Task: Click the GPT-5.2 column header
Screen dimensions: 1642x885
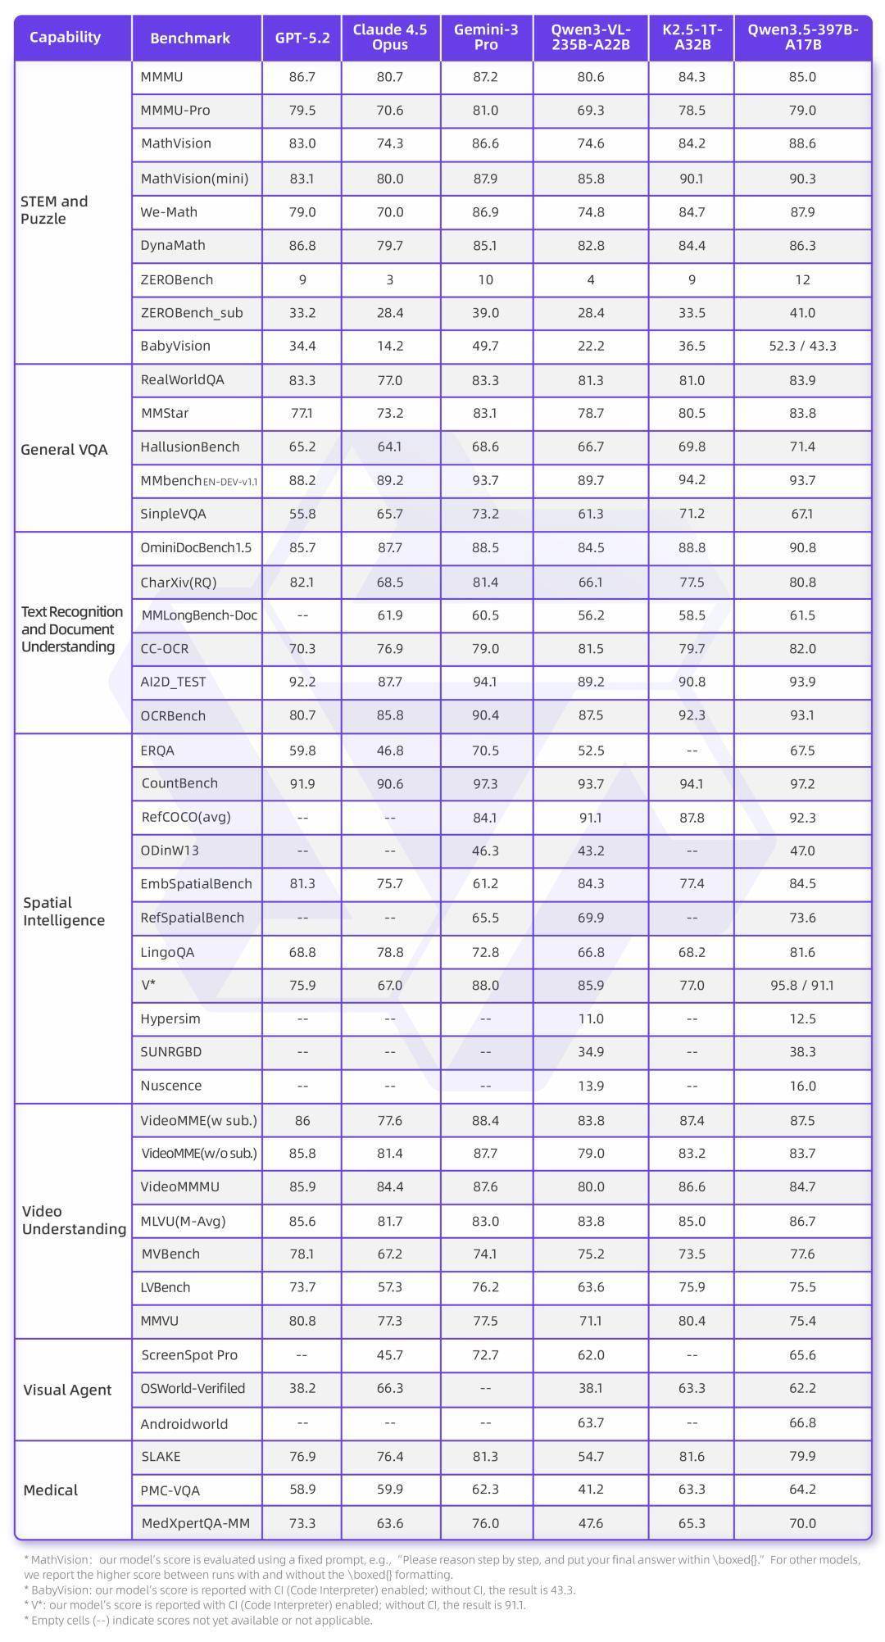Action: pyautogui.click(x=302, y=38)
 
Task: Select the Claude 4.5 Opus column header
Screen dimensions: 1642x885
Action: pyautogui.click(x=390, y=38)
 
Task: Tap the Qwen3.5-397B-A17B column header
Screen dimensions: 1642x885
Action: pyautogui.click(x=802, y=38)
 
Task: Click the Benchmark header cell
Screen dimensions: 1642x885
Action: pyautogui.click(x=190, y=38)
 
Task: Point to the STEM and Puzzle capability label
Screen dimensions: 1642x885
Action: pyautogui.click(x=54, y=210)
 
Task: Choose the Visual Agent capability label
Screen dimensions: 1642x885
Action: pyautogui.click(x=67, y=1390)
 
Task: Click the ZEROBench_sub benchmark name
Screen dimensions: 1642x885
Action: pyautogui.click(x=192, y=312)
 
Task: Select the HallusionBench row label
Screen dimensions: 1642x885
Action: pyautogui.click(x=190, y=447)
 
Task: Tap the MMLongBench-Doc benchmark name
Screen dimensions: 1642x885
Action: pyautogui.click(x=199, y=615)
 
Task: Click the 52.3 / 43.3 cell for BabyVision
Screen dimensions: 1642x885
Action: pyautogui.click(x=802, y=346)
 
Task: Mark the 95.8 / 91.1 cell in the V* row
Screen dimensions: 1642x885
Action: pyautogui.click(x=802, y=985)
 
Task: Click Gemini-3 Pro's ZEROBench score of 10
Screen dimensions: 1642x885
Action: pyautogui.click(x=486, y=279)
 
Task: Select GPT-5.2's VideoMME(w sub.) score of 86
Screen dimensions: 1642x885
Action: pyautogui.click(x=302, y=1120)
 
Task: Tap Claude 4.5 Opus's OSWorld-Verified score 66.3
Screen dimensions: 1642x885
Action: pyautogui.click(x=390, y=1388)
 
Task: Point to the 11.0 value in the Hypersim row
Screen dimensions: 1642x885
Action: pyautogui.click(x=591, y=1018)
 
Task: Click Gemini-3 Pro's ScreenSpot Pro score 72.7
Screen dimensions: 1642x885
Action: pyautogui.click(x=486, y=1354)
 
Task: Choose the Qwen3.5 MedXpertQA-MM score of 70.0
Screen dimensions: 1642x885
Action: pyautogui.click(x=802, y=1523)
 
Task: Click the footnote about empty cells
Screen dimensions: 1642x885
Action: pyautogui.click(x=198, y=1620)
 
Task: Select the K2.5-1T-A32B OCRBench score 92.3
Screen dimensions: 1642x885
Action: pyautogui.click(x=692, y=715)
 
